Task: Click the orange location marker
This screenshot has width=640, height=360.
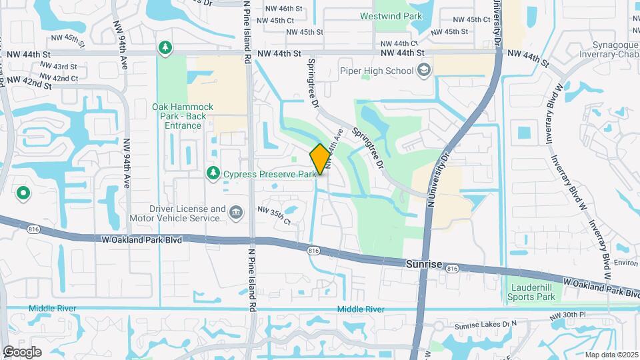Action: tap(320, 159)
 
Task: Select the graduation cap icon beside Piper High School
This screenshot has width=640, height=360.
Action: tap(423, 70)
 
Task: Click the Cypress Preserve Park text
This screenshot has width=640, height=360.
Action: tap(269, 174)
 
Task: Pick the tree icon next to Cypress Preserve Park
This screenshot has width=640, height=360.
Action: tap(213, 173)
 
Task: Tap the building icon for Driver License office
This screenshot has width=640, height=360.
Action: tap(236, 212)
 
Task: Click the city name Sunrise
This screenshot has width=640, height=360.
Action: tap(423, 265)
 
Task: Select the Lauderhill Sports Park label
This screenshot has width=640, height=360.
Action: tap(532, 291)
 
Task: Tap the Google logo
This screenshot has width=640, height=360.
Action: tap(22, 351)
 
